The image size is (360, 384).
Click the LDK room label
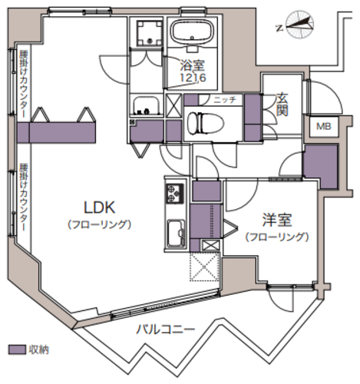pos(100,207)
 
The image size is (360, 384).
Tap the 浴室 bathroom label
pos(193,65)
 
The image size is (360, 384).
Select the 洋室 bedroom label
pos(277,220)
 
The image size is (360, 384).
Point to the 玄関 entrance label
pos(282,104)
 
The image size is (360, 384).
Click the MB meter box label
pos(324,126)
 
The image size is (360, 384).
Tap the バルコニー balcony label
pos(165,329)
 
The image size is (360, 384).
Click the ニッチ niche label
pos(225,100)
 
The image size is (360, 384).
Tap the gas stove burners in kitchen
pos(175,193)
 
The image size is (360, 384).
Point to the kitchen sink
pos(177,233)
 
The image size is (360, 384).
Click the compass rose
pos(300,25)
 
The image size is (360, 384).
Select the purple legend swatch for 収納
pos(17,349)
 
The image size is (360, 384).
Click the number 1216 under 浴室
pos(193,78)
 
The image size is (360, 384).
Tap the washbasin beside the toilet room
pos(146,105)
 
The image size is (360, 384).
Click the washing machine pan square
pos(150,33)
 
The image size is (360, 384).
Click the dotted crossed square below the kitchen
pos(205,266)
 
